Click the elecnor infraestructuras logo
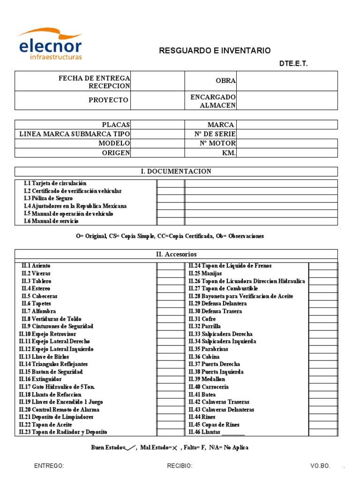pos(50,45)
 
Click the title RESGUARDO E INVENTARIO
pos(215,51)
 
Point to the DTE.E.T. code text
pos(293,64)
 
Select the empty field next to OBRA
pos(287,81)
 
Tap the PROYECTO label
pos(108,100)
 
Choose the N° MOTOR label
pos(215,143)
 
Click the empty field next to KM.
pos(287,153)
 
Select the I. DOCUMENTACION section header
pos(176,172)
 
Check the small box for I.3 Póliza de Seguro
pos(170,198)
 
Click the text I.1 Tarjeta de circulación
pos(55,183)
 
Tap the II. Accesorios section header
pos(176,254)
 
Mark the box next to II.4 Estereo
pos(170,289)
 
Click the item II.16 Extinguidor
pos(40,379)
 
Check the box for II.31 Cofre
pos(322,319)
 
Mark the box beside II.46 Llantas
pos(322,432)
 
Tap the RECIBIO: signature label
pos(180,466)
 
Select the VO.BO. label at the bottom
pos(320,466)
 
